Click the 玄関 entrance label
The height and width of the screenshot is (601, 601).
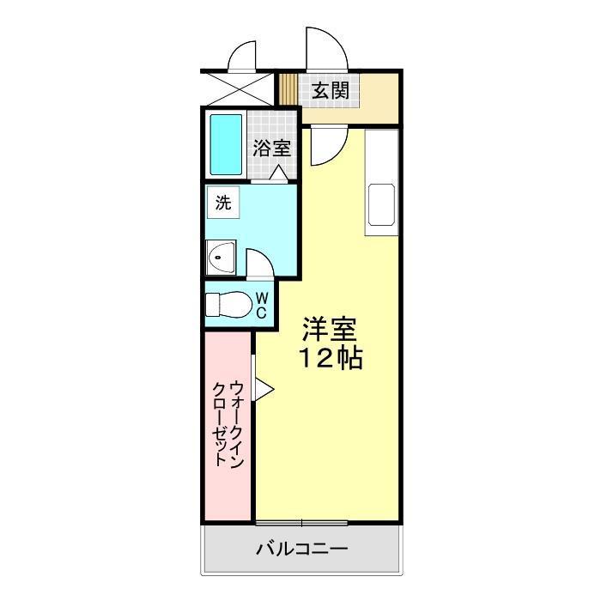coord(330,91)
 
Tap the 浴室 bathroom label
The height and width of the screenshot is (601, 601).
coord(272,148)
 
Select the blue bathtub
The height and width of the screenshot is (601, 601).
coord(226,144)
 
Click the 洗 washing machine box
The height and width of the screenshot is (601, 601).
coord(223,203)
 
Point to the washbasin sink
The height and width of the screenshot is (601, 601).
coord(221,258)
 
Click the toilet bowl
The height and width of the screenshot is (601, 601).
coord(229,304)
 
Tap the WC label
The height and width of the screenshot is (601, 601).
coord(262,305)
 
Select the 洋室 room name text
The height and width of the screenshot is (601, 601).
coord(330,329)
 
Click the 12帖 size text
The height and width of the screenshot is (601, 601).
coord(331,358)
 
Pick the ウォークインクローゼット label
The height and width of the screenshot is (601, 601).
coord(228,423)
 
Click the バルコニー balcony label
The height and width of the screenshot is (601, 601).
coord(301,549)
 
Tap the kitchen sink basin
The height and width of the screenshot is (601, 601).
coord(381,204)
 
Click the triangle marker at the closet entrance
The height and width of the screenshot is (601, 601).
coord(264,389)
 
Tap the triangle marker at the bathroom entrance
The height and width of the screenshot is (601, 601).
coord(278,173)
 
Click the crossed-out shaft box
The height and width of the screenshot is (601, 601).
coord(240,89)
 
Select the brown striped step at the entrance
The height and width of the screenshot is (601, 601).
coord(288,89)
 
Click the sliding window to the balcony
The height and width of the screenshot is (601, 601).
coord(301,522)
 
